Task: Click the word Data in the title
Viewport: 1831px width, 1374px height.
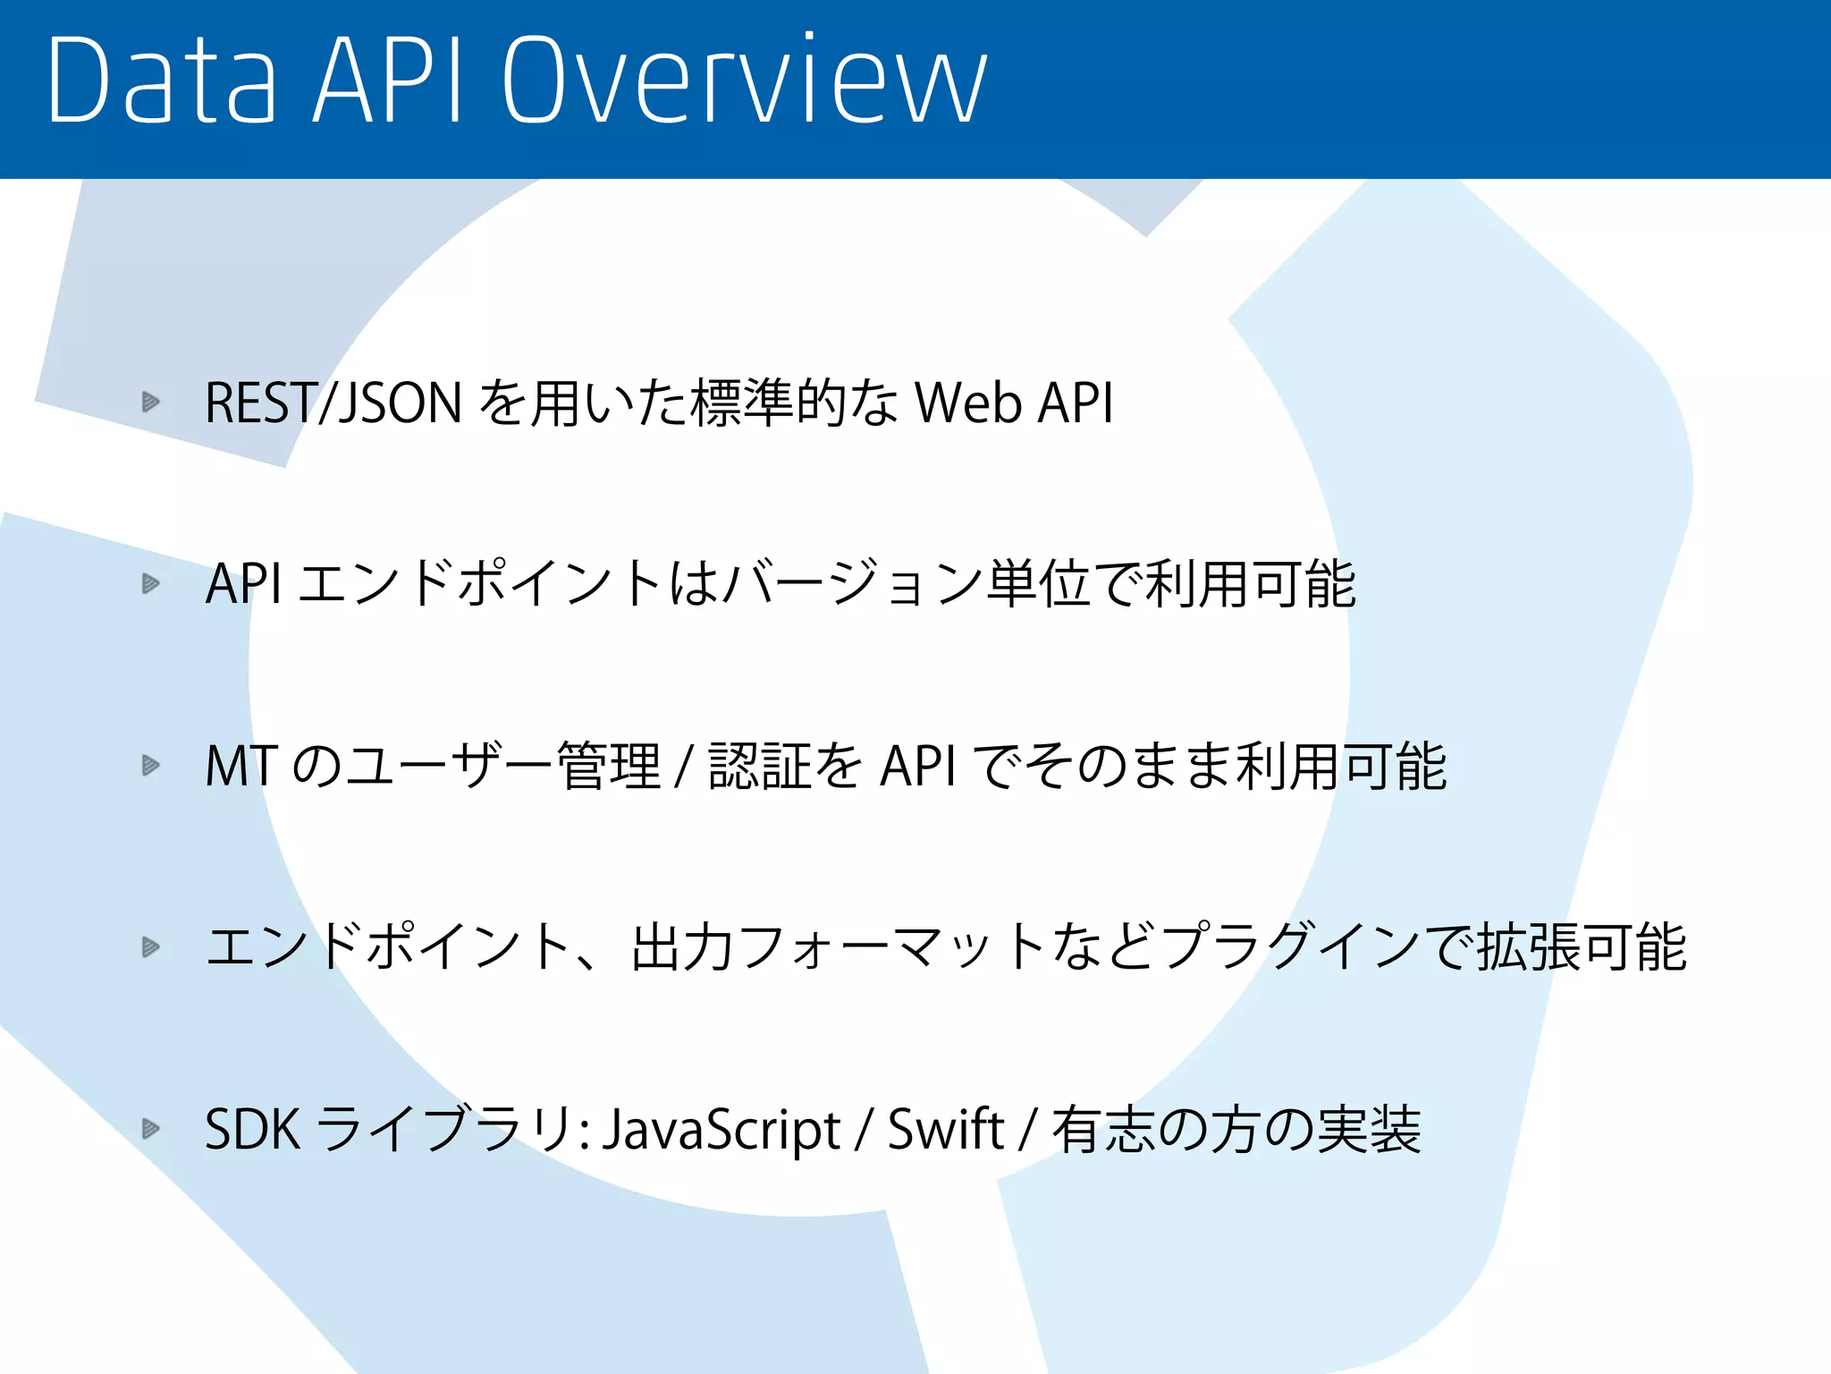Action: [162, 81]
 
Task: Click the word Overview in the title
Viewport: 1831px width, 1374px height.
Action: [744, 81]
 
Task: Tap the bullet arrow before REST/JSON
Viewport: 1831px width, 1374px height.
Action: [150, 402]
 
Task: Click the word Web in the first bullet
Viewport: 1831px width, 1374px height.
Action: [968, 403]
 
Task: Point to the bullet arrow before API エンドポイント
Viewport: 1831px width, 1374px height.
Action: [150, 584]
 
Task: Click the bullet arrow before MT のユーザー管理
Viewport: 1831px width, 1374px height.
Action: [150, 766]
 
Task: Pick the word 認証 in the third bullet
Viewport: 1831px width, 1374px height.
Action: [760, 767]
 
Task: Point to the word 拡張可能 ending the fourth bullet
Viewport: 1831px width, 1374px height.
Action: [1581, 947]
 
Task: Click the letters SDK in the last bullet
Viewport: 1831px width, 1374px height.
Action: [252, 1129]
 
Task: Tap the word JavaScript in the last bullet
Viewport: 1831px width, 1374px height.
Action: [721, 1129]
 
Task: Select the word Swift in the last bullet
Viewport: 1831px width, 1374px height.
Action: [946, 1129]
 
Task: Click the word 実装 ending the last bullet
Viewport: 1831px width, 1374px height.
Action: [1369, 1129]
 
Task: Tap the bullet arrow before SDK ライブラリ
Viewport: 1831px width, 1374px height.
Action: [150, 1129]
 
